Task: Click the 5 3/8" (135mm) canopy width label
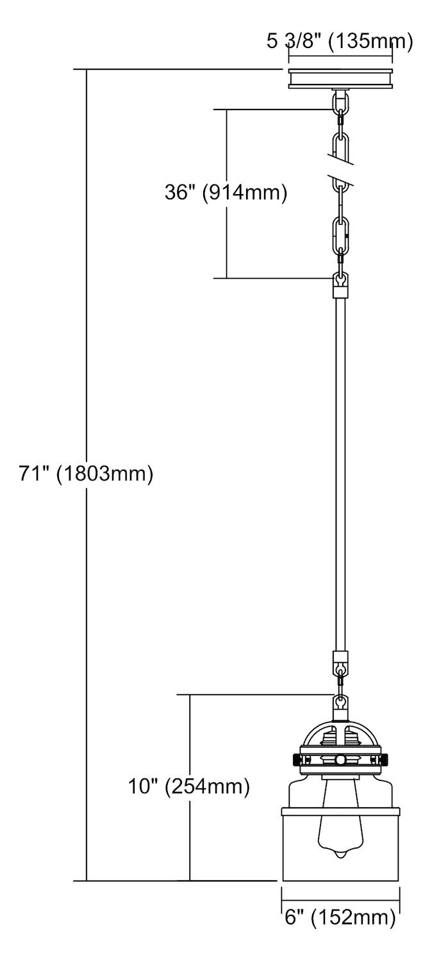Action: point(339,42)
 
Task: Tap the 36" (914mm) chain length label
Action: point(226,193)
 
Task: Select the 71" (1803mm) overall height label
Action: point(86,474)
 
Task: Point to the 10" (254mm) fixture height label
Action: point(188,787)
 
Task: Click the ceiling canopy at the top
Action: point(340,78)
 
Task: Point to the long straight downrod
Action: point(340,474)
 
